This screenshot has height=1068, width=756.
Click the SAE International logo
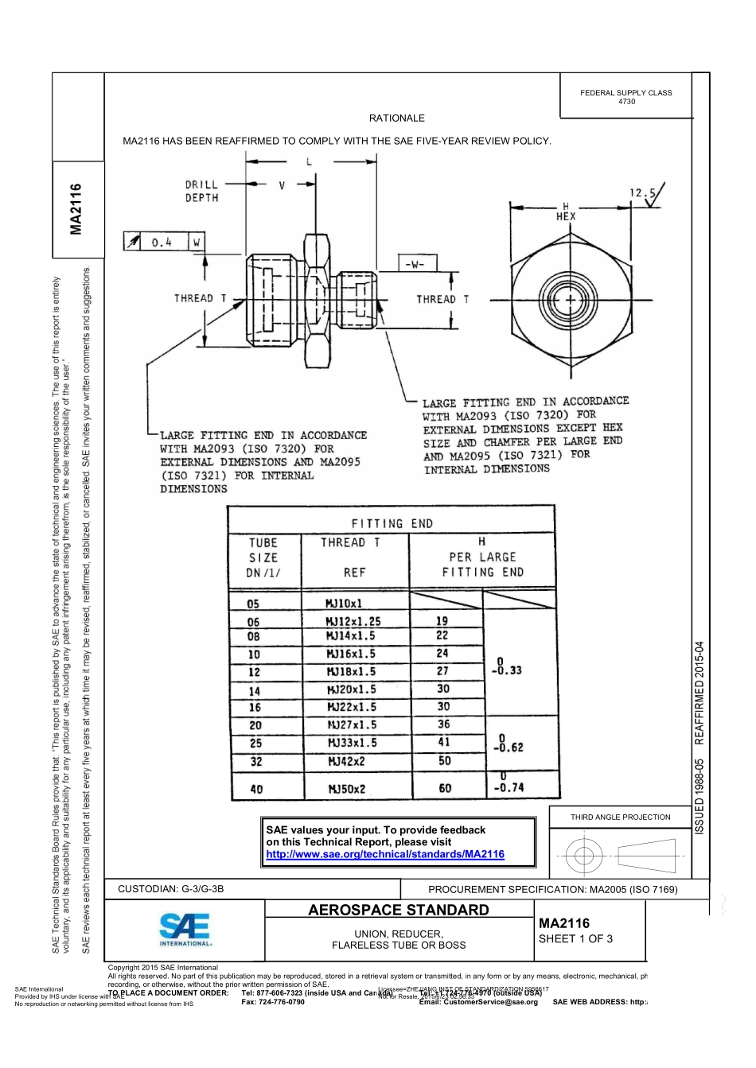click(x=185, y=929)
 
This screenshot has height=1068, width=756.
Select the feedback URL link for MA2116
click(x=385, y=854)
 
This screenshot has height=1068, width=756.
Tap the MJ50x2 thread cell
click(x=347, y=789)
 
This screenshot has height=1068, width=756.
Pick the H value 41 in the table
click(x=444, y=742)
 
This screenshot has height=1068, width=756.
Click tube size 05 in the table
click(x=253, y=604)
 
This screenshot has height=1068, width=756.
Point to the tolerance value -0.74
click(x=509, y=787)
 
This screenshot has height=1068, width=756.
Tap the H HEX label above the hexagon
click(x=566, y=212)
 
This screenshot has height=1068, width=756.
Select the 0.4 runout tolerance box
click(x=162, y=242)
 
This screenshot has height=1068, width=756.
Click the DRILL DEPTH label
click(x=201, y=191)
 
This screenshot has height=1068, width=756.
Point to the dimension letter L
click(x=310, y=162)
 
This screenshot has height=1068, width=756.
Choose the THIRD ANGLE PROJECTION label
click(x=620, y=817)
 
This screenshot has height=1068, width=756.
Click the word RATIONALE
click(x=397, y=118)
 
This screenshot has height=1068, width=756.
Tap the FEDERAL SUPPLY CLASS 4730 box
click(x=626, y=97)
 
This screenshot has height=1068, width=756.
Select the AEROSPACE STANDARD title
click(x=398, y=910)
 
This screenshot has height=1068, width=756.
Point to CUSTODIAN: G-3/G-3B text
click(x=170, y=889)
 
